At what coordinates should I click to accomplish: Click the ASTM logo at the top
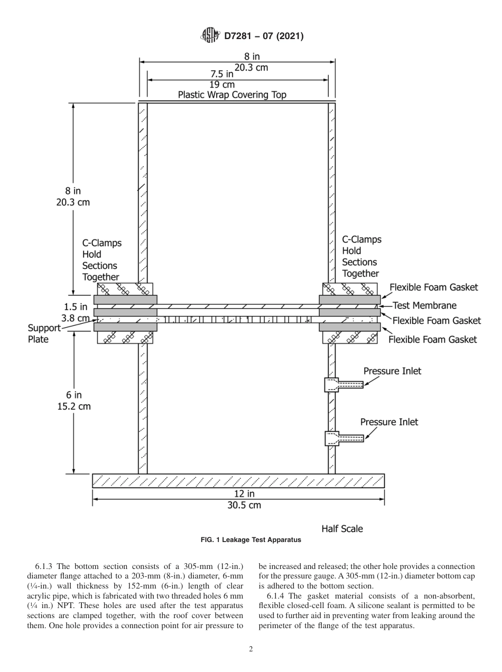211,36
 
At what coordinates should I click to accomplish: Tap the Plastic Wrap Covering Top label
232,95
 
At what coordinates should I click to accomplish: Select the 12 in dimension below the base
244,493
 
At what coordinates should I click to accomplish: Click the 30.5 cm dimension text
244,505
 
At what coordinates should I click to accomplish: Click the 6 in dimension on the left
74,395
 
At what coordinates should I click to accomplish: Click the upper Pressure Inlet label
392,371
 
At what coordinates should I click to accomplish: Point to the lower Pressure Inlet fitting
344,438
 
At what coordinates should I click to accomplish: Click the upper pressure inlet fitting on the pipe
344,385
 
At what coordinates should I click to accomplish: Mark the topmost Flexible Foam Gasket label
433,287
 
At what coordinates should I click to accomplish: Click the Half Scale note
342,528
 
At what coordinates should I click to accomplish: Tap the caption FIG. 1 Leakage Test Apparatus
250,540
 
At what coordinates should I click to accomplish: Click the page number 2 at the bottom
251,649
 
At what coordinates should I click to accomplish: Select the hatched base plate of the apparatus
238,481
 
